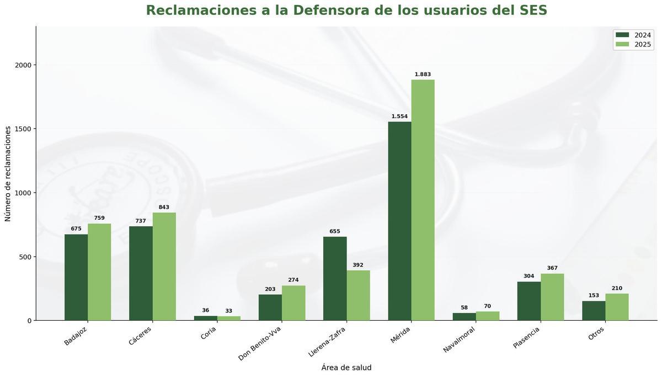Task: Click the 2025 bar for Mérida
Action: tap(423, 200)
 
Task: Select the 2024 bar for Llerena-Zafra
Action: tap(335, 278)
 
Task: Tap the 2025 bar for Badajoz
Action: tap(99, 272)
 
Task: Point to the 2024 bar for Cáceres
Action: tap(141, 273)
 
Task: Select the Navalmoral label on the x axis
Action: tap(459, 340)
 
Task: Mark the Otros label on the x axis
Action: tap(596, 333)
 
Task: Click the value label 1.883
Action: tap(423, 75)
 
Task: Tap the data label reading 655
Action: tap(335, 231)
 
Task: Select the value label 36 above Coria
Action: tap(205, 310)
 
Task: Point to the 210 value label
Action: tap(617, 288)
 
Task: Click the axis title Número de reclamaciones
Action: tap(8, 173)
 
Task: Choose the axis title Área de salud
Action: tap(346, 368)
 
